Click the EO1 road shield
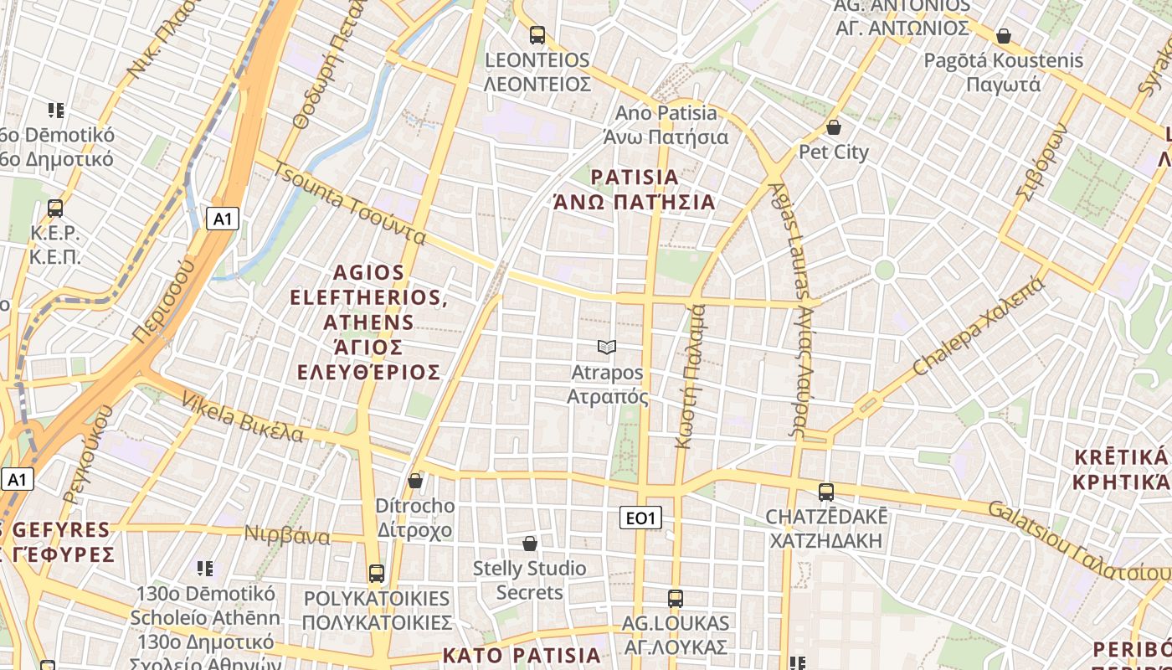[640, 518]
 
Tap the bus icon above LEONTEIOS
[537, 35]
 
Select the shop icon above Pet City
[833, 127]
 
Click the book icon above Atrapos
[607, 347]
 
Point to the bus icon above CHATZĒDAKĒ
[826, 492]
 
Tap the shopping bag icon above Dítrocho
[414, 481]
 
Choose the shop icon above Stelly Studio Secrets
[529, 544]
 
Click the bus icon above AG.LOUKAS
[676, 599]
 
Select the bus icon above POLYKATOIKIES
[377, 574]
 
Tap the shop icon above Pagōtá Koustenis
[1003, 36]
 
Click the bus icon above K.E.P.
[55, 209]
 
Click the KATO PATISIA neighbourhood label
[522, 655]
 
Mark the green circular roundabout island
[884, 270]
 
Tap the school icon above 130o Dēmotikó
[205, 569]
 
